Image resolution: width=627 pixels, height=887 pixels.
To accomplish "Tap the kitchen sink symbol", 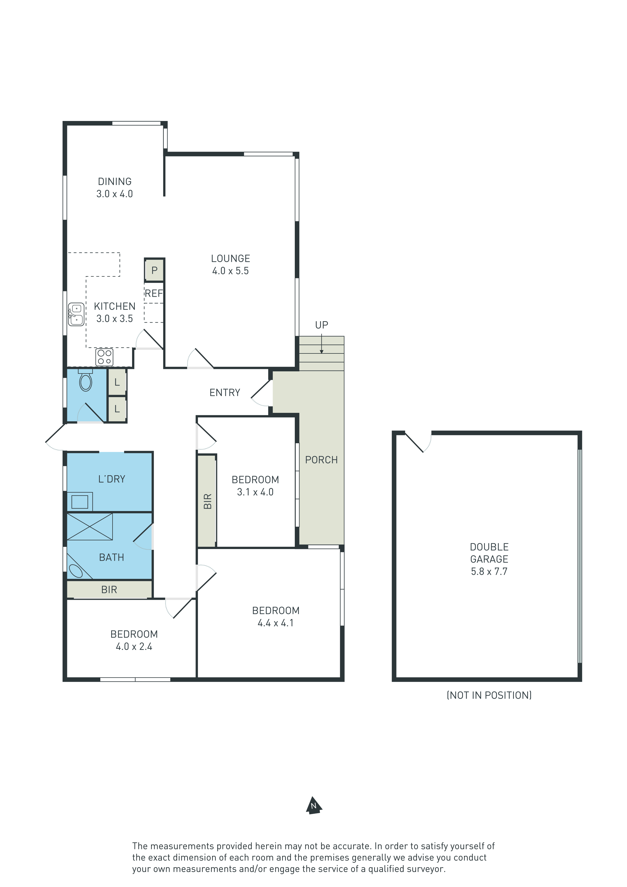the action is point(76,314).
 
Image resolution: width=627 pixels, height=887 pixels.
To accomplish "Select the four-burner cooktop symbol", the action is point(104,357).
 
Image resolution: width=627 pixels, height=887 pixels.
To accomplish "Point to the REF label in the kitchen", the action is point(154,293).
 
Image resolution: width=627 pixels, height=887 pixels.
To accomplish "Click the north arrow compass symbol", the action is point(314,805).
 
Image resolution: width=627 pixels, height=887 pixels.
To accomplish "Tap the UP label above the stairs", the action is point(321,325).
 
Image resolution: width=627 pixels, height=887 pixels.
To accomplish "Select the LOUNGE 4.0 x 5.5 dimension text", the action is point(230,271).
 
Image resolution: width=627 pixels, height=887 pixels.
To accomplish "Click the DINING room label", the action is point(115,181).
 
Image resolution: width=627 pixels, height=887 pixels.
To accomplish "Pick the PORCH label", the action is point(321,460).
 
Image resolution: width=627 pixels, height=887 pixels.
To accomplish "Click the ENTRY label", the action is point(225,393).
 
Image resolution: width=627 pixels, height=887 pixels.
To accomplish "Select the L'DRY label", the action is point(112,479).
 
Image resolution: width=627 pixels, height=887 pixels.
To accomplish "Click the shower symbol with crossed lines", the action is point(89,526).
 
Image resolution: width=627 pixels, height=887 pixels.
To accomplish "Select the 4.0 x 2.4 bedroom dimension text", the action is point(134,646).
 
